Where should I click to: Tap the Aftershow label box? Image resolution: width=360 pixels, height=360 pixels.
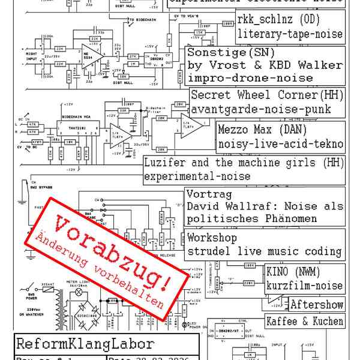pyautogui.click(x=316, y=305)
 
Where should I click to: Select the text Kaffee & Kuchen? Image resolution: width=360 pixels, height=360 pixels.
pyautogui.click(x=305, y=321)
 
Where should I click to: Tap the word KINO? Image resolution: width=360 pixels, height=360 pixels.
pyautogui.click(x=278, y=272)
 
